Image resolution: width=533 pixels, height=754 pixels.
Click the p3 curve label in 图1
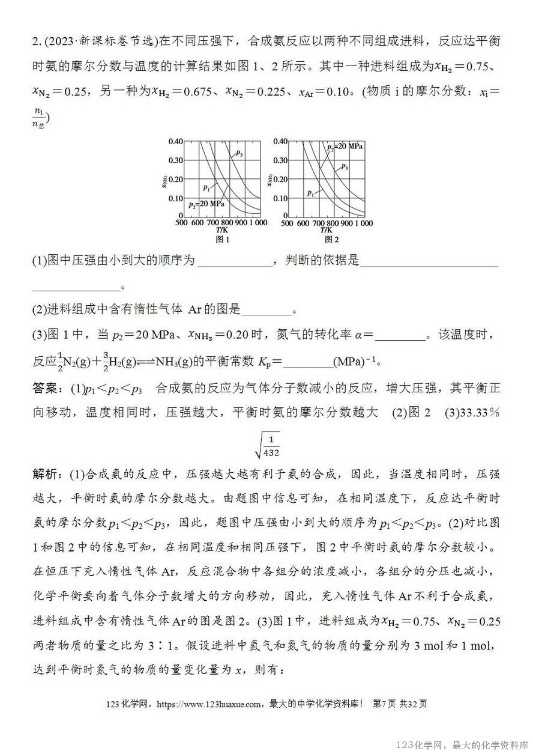point(238,154)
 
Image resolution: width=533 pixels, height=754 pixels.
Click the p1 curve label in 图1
point(207,187)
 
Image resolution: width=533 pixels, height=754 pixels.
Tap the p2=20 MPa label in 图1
point(206,204)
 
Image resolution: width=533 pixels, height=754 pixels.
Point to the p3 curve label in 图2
point(344,166)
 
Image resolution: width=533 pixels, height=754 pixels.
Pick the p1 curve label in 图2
point(311,193)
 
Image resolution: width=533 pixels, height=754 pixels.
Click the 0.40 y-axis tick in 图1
point(174,142)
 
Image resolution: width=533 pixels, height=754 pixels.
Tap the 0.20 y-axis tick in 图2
point(279,179)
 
